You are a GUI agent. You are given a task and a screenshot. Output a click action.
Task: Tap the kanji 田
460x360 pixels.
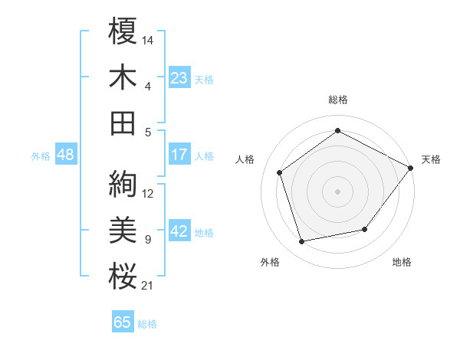click(123, 123)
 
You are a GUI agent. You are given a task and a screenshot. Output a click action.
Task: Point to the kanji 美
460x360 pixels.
click(123, 230)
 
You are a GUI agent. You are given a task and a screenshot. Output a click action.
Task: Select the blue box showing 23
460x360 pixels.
click(179, 78)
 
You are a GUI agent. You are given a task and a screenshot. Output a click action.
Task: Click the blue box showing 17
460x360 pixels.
click(179, 155)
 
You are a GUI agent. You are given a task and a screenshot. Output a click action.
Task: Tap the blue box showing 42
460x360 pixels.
click(179, 231)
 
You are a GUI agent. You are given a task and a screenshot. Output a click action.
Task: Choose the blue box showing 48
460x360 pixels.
click(66, 155)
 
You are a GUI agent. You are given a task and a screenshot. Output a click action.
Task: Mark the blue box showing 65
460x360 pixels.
click(123, 322)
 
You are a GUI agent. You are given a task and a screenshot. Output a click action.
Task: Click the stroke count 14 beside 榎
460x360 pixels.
click(148, 38)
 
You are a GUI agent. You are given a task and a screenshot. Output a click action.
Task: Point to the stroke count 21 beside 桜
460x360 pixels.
click(148, 286)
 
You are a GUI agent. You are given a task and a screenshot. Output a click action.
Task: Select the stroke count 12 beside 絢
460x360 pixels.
click(148, 194)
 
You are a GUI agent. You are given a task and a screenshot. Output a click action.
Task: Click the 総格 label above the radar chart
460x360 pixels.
click(338, 100)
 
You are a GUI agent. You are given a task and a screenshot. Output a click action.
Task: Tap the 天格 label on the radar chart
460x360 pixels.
click(431, 159)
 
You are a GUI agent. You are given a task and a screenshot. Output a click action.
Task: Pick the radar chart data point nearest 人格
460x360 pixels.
click(279, 172)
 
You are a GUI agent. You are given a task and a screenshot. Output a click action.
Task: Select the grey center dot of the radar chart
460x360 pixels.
click(338, 191)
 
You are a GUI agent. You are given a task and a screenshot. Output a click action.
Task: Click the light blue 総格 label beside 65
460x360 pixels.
click(147, 324)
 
